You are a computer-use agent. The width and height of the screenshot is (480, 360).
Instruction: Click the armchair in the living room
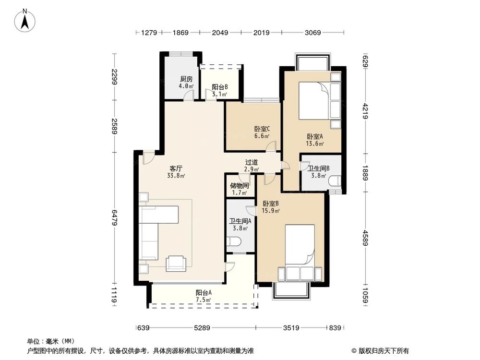pos(176,263)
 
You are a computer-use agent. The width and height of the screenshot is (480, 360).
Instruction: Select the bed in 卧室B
pos(300,252)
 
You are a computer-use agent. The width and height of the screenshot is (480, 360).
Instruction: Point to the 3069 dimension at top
pos(312,33)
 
